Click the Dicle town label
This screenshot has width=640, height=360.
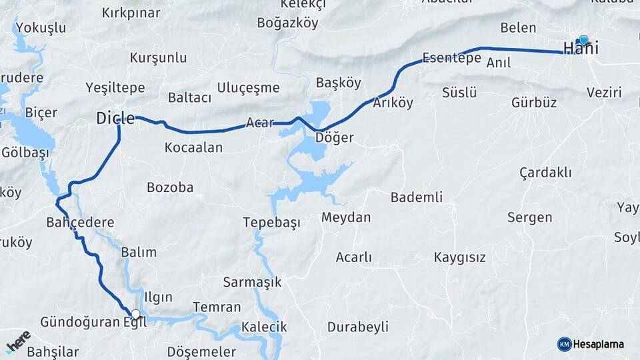(x=115, y=119)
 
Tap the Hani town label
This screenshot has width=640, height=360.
(x=580, y=49)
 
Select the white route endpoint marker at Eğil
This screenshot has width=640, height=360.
(x=136, y=314)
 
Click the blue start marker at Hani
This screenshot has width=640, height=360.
(x=583, y=40)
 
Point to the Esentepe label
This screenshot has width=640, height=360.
(x=451, y=58)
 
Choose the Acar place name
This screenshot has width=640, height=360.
(x=260, y=123)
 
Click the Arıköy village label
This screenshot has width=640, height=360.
(x=393, y=103)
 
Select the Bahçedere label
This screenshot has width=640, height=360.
(x=80, y=222)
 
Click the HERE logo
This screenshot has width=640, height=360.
(x=18, y=341)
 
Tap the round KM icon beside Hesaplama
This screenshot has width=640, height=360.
(x=564, y=344)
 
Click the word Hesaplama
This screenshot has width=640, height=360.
(x=598, y=345)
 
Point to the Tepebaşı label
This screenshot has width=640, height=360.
(x=271, y=222)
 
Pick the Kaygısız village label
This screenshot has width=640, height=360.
(x=459, y=257)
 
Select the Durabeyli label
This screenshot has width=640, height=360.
(x=357, y=327)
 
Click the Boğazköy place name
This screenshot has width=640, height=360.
(x=288, y=23)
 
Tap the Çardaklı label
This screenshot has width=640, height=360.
(x=545, y=173)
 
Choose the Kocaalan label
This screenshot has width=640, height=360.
(x=193, y=147)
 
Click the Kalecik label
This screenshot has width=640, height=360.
(x=264, y=327)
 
